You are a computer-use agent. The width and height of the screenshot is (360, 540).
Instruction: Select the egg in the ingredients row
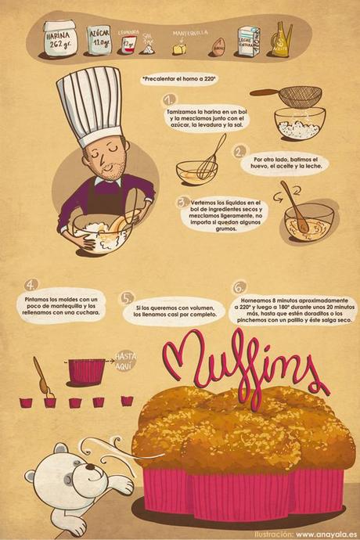coord(218,48)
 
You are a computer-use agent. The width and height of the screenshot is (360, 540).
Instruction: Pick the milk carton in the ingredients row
coord(249,40)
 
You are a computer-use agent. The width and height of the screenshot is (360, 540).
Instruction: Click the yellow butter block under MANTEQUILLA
coord(180,49)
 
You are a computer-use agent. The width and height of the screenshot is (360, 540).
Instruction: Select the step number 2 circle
coord(240,151)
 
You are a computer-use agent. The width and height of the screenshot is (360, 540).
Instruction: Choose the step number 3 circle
coord(183,202)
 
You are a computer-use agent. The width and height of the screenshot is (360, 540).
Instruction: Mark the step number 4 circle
coord(32,284)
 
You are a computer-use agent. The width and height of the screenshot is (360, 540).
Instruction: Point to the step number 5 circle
coord(128,298)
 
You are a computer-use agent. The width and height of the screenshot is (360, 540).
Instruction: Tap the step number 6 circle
coord(239,287)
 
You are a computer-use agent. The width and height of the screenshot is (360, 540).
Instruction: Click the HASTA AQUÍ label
coord(125,360)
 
